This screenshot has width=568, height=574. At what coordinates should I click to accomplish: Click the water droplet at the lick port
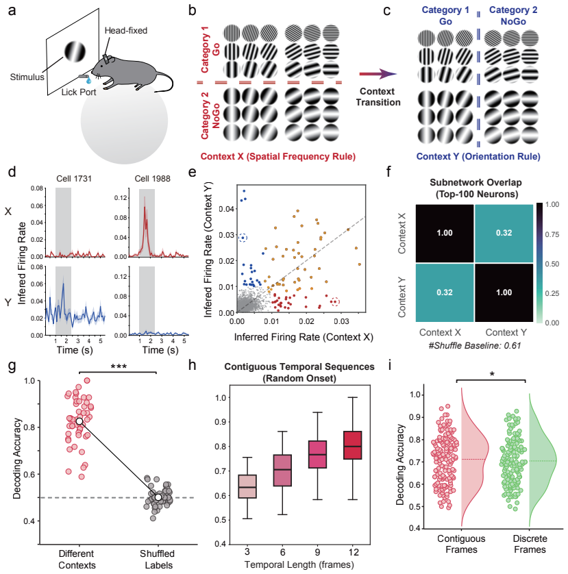(x=88, y=80)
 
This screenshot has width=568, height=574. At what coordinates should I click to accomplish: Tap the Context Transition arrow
(x=378, y=74)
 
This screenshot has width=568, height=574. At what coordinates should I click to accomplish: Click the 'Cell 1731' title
(x=74, y=179)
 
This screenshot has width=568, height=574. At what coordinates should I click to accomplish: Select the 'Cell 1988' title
(x=152, y=179)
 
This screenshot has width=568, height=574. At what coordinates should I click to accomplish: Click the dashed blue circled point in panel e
(x=243, y=238)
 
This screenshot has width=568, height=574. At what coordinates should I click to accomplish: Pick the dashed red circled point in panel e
(x=335, y=302)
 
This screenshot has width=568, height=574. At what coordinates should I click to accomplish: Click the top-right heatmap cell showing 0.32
(x=504, y=233)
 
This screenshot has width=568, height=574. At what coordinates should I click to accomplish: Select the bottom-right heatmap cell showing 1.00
(x=504, y=292)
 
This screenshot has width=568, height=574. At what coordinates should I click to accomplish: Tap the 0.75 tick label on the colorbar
(x=552, y=234)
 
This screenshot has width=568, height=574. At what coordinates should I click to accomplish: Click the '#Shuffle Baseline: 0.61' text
(x=475, y=346)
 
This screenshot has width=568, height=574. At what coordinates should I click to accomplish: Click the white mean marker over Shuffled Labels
(x=158, y=497)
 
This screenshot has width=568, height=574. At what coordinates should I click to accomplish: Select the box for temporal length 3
(x=247, y=486)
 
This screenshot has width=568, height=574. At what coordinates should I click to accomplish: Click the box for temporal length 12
(x=353, y=445)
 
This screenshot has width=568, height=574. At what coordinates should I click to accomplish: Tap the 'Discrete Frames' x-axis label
(x=530, y=544)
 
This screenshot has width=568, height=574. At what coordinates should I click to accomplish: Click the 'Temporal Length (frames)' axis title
(x=299, y=565)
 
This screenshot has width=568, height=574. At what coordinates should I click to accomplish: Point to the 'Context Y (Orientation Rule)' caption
(x=478, y=157)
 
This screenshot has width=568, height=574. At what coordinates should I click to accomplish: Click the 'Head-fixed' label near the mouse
(x=126, y=30)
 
